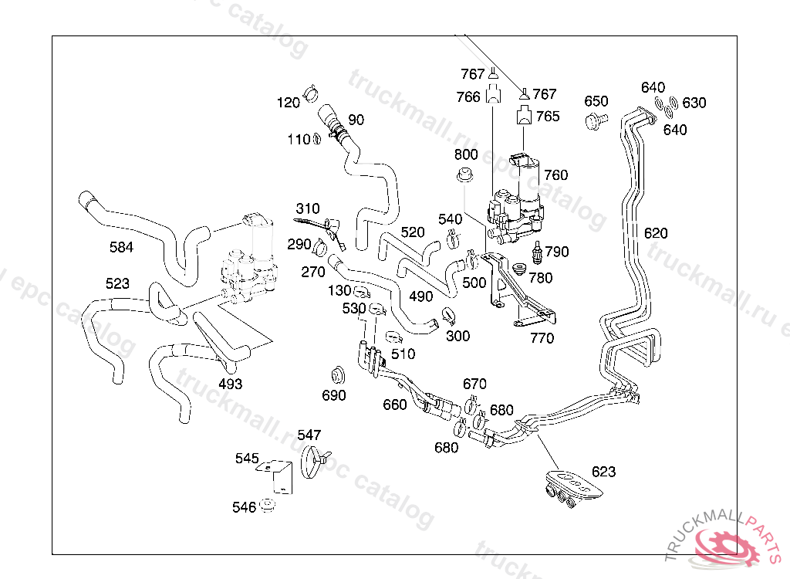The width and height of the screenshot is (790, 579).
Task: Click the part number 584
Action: [x=121, y=247]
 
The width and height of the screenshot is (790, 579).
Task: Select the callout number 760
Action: [x=555, y=174]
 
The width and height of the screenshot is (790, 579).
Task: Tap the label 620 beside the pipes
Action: [x=656, y=233]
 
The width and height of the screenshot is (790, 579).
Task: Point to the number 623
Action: [x=604, y=472]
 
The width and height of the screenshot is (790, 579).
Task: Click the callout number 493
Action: [x=230, y=384]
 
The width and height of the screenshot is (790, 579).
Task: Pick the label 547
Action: [x=309, y=435]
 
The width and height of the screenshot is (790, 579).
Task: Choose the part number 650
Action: [x=596, y=101]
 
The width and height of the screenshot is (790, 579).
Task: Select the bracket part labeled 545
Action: [x=279, y=475]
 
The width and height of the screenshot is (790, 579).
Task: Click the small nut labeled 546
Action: [x=268, y=506]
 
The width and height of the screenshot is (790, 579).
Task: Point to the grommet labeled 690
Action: [x=337, y=375]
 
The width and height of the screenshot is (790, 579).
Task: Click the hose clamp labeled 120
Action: [x=312, y=93]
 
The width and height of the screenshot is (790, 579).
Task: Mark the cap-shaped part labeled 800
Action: [x=465, y=174]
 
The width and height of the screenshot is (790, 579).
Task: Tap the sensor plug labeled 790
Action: [x=538, y=252]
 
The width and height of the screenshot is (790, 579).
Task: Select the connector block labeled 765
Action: [x=524, y=117]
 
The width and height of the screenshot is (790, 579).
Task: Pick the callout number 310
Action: [x=307, y=208]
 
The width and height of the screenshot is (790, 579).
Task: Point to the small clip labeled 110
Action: [x=316, y=140]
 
